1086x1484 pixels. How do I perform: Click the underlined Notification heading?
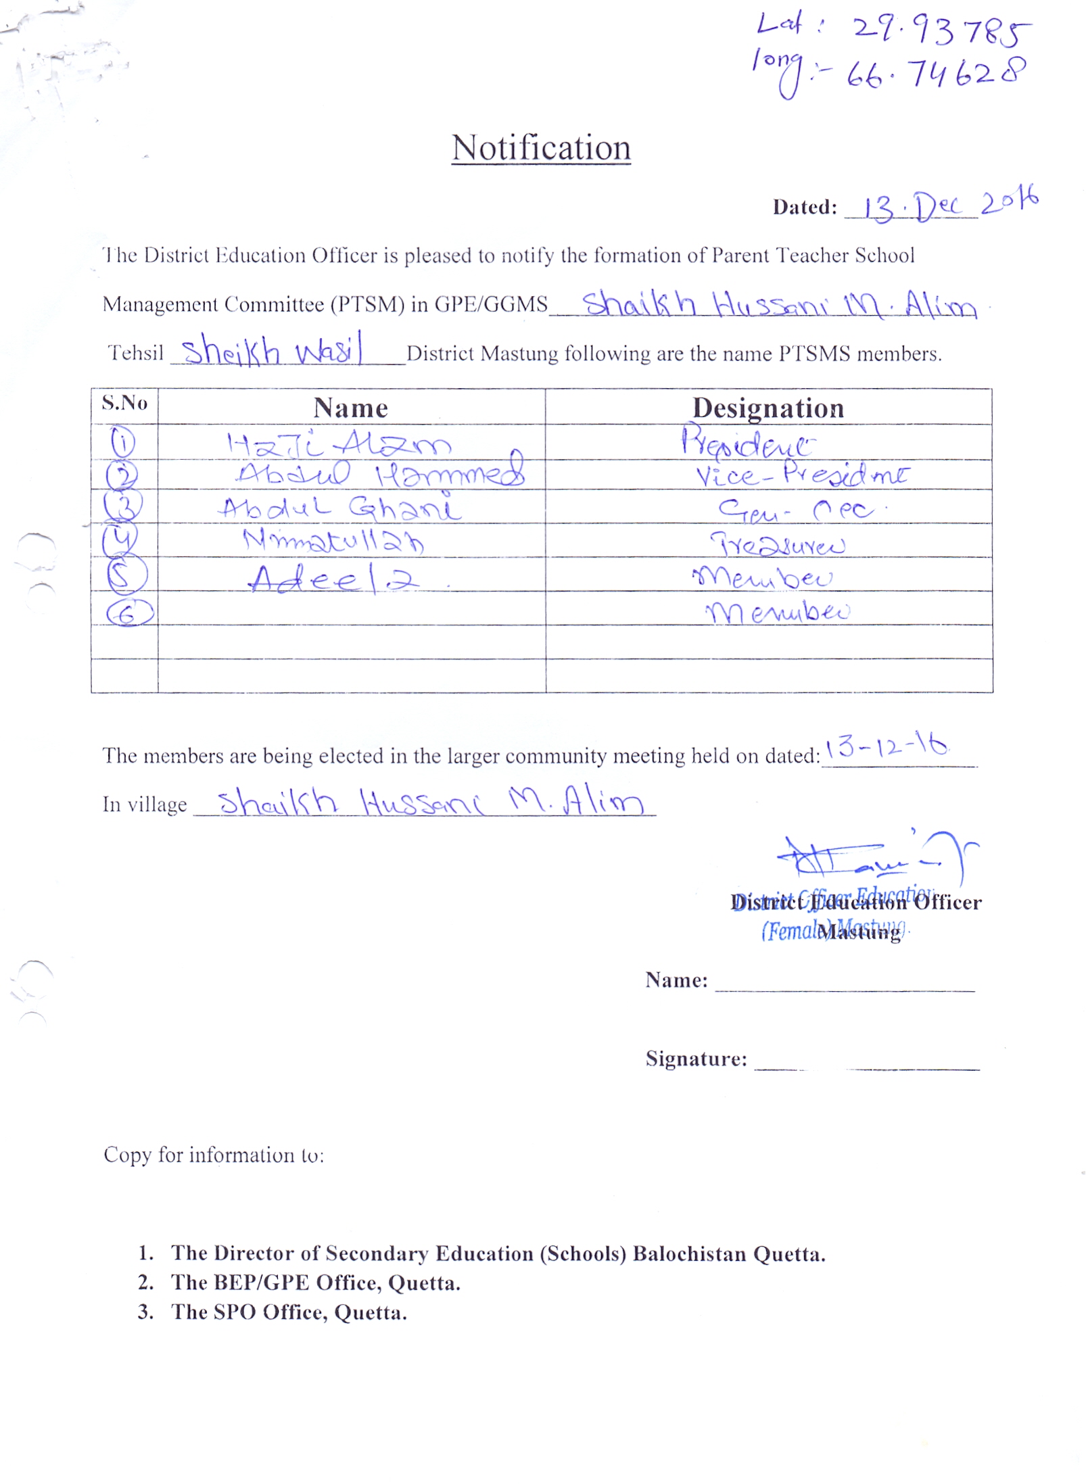coord(541,147)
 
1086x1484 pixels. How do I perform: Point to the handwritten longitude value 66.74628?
coord(937,74)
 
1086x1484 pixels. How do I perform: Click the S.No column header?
coord(124,404)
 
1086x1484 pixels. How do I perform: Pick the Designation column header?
coord(768,408)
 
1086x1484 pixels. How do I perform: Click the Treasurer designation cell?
coord(777,544)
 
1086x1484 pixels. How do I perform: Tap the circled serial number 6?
coord(129,613)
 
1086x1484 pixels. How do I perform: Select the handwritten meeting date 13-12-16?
coord(886,746)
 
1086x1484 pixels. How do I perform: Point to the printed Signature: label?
coord(696,1059)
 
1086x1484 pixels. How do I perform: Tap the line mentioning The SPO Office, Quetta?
coord(289,1312)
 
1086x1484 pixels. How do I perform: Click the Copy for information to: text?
coord(214,1155)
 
